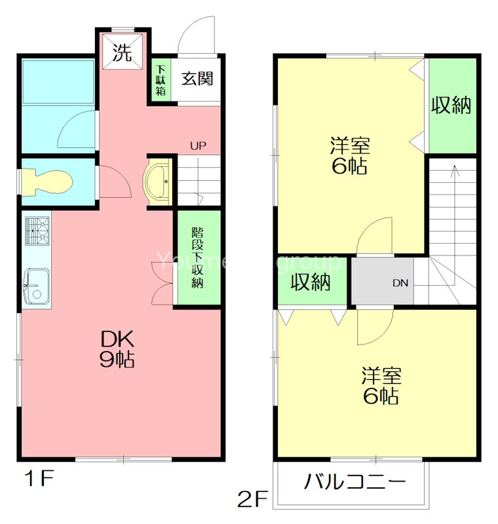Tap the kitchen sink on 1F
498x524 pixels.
point(36,286)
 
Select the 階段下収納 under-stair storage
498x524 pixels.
point(197,257)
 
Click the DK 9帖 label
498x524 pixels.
point(118,348)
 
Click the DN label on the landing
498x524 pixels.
point(400,284)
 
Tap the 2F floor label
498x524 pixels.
point(253,500)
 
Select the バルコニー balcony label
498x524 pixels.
point(354,483)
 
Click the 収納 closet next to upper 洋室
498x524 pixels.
point(451,105)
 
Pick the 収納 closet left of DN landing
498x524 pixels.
point(310,282)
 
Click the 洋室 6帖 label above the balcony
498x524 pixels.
point(380,386)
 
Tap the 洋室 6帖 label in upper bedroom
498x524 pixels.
point(349,155)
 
